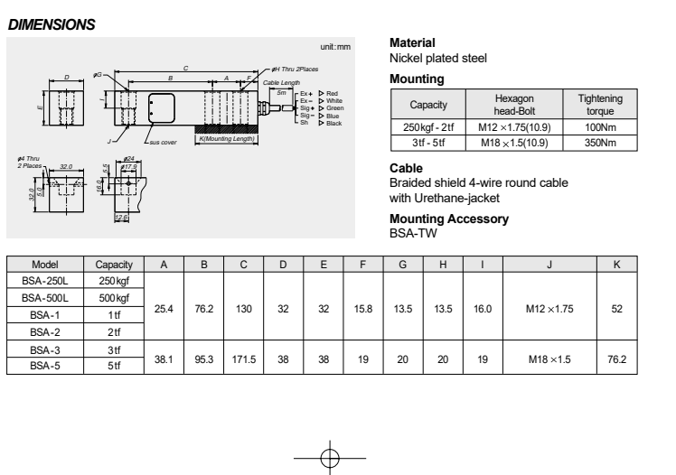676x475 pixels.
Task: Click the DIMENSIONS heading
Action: point(52,25)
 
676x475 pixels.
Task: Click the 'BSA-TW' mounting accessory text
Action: point(408,231)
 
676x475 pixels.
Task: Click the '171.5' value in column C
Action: point(244,359)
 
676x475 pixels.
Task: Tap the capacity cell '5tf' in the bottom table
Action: point(115,366)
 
